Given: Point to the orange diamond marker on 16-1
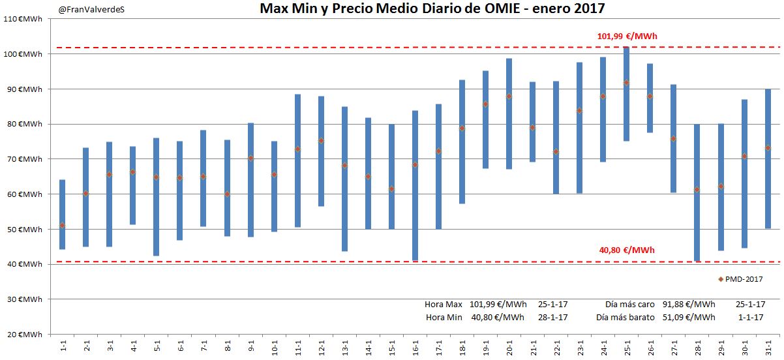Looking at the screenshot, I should pyautogui.click(x=415, y=164).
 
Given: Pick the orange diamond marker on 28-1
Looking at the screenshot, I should pyautogui.click(x=697, y=189).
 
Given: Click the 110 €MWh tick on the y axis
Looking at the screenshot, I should pyautogui.click(x=23, y=18).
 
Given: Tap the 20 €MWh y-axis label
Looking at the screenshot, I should pyautogui.click(x=23, y=335).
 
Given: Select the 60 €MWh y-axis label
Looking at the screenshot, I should pyautogui.click(x=23, y=194).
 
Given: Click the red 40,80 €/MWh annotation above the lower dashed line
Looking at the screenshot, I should pyautogui.click(x=627, y=250).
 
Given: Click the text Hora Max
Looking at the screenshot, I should pyautogui.click(x=443, y=305).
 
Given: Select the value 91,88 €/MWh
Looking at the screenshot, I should pyautogui.click(x=688, y=305).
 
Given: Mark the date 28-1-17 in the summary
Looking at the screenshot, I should pyautogui.click(x=552, y=318).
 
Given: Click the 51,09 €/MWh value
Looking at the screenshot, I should pyautogui.click(x=688, y=318).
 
